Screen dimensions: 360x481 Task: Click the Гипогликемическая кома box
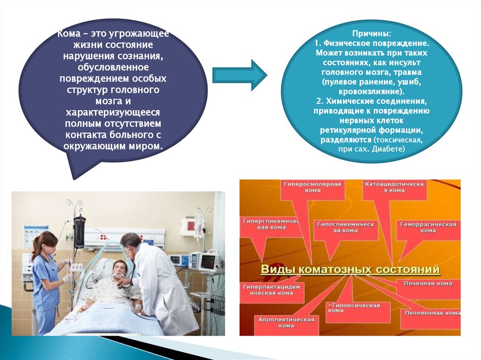pyautogui.click(x=346, y=227)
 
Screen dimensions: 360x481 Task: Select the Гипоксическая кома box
pyautogui.click(x=353, y=308)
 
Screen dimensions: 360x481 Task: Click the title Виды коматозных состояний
pyautogui.click(x=350, y=270)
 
